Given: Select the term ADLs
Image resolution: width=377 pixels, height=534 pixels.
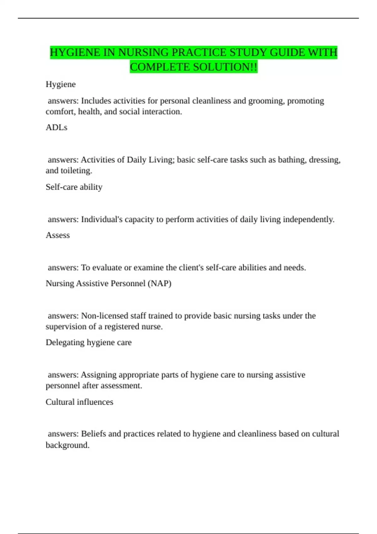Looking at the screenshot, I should [57, 127].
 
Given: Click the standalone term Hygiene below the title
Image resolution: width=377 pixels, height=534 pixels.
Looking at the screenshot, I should [61, 84].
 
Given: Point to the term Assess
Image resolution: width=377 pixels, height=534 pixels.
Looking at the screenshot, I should [58, 235].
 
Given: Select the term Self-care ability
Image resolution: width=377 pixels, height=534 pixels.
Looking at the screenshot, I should [74, 187].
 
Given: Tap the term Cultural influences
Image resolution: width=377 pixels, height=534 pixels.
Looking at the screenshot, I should [79, 402].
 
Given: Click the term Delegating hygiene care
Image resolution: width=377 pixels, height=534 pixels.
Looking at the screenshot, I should [89, 342].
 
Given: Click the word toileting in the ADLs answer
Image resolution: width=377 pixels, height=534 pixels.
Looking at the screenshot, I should [74, 171].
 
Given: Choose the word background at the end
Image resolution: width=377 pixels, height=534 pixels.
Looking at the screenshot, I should [67, 445].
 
